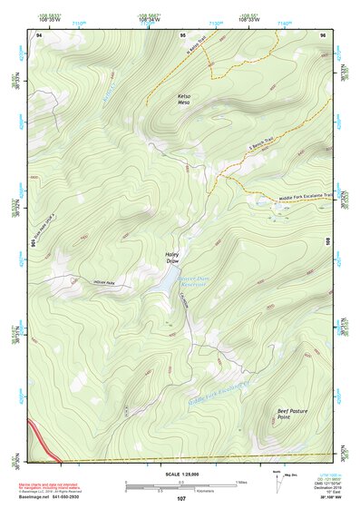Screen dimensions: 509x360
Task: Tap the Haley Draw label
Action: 172,259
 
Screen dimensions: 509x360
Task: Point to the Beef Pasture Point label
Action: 292,414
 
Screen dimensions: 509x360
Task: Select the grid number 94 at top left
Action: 39,35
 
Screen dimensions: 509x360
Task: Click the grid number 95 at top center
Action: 182,35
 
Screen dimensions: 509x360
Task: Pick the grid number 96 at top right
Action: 323,35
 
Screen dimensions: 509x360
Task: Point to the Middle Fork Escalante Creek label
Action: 218,392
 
